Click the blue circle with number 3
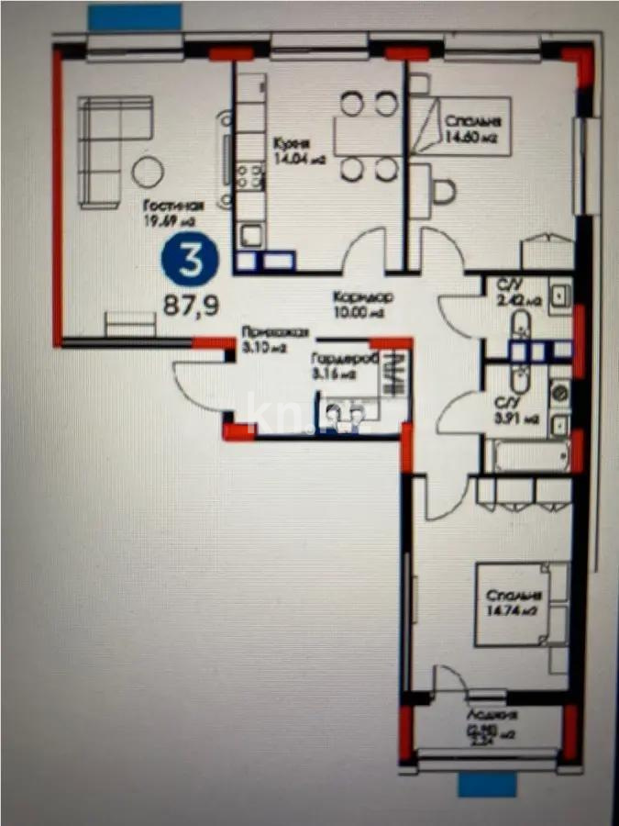192,260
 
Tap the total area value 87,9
192,305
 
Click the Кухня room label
290,144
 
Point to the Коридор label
363,297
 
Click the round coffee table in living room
146,171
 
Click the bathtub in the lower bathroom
525,456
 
